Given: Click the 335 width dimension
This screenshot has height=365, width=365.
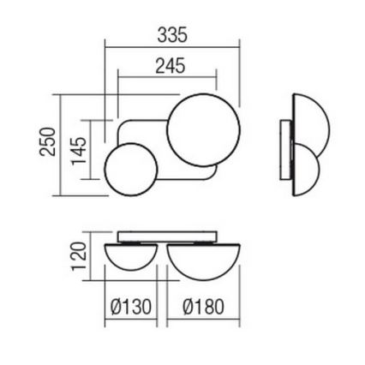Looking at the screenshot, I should tap(172, 35).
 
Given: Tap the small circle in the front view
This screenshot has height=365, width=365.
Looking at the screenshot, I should tap(129, 169).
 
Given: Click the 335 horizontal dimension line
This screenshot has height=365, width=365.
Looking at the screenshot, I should tap(171, 48).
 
